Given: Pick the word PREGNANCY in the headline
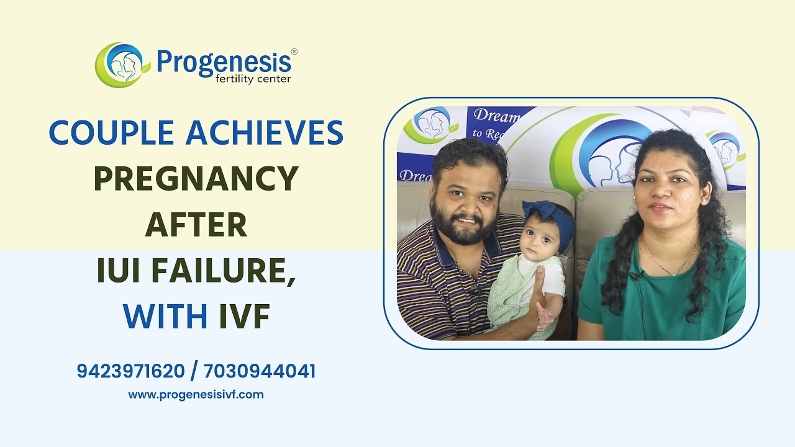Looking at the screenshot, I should coord(196,179).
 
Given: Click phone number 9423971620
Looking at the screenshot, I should coord(130,371).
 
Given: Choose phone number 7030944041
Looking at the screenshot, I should coord(260,371).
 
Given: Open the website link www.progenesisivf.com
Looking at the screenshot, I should coord(196,394).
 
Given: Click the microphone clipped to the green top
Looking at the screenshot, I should coord(635,274).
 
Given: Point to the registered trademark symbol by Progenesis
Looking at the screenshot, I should coord(294,52).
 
